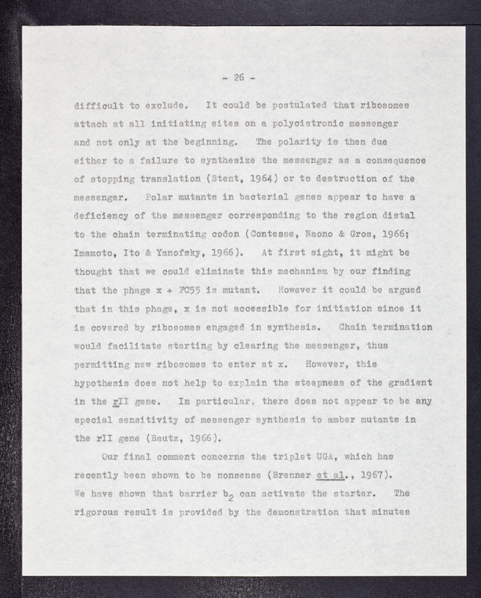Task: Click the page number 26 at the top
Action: pyautogui.click(x=239, y=76)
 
